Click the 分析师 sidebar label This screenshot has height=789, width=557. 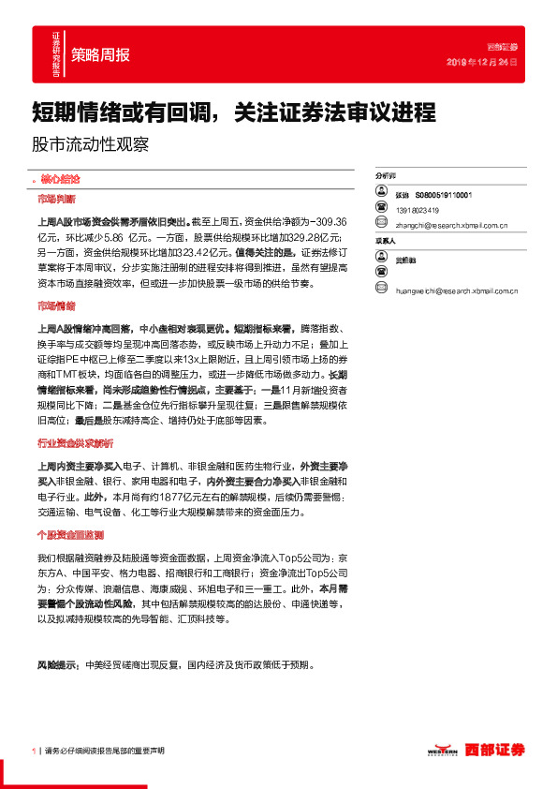(385, 175)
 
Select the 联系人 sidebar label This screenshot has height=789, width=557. (385, 241)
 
